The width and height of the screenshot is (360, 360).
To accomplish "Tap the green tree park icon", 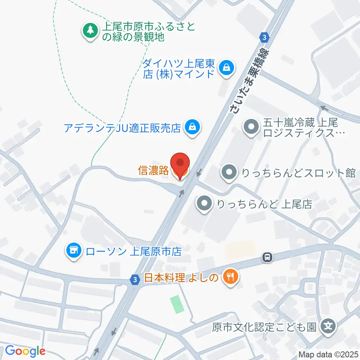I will [x=90, y=30].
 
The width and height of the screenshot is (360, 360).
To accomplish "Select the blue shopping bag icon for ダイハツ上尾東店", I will [x=227, y=68].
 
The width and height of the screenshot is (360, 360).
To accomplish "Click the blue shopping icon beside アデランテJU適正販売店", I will [x=192, y=127].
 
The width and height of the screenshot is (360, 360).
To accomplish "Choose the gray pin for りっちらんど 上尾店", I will [x=204, y=204].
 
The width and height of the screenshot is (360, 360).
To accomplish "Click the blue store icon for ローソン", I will [x=73, y=251].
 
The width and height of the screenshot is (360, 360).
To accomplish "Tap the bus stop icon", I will [x=267, y=257].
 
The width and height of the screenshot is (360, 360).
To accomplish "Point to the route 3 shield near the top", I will [x=264, y=37].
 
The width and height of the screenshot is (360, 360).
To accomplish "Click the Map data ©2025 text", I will [x=328, y=354].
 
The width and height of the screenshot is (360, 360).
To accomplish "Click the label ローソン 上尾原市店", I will [x=134, y=251].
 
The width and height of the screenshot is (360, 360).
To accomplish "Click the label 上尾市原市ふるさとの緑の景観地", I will [x=150, y=32].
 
